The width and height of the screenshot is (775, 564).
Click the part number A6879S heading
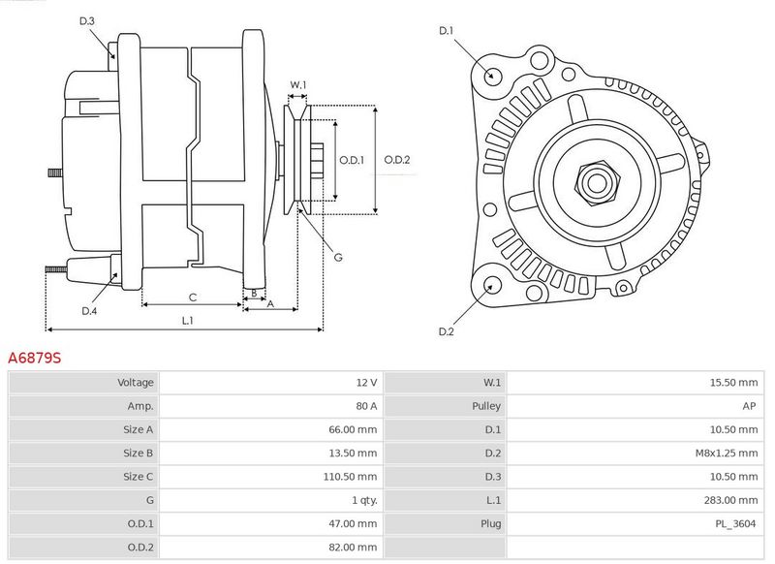35,358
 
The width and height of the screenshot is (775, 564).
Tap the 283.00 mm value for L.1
731,500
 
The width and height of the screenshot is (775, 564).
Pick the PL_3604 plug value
736,524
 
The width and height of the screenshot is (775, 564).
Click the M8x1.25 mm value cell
727,454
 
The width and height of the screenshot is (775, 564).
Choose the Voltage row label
136,383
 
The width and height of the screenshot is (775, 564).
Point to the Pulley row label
486,406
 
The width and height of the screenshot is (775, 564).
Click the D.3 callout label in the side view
87,20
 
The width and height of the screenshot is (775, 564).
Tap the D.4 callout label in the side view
89,311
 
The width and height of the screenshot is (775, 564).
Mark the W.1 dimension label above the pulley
298,84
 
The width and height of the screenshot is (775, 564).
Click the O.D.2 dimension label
397,160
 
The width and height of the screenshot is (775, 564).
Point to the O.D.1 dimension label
352,160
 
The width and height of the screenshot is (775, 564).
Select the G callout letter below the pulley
338,257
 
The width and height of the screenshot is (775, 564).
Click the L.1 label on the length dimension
187,321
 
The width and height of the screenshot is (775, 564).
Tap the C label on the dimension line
193,298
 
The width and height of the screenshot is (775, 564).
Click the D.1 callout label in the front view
447,31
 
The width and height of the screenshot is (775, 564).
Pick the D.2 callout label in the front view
447,331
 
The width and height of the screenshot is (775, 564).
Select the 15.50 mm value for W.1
734,383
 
